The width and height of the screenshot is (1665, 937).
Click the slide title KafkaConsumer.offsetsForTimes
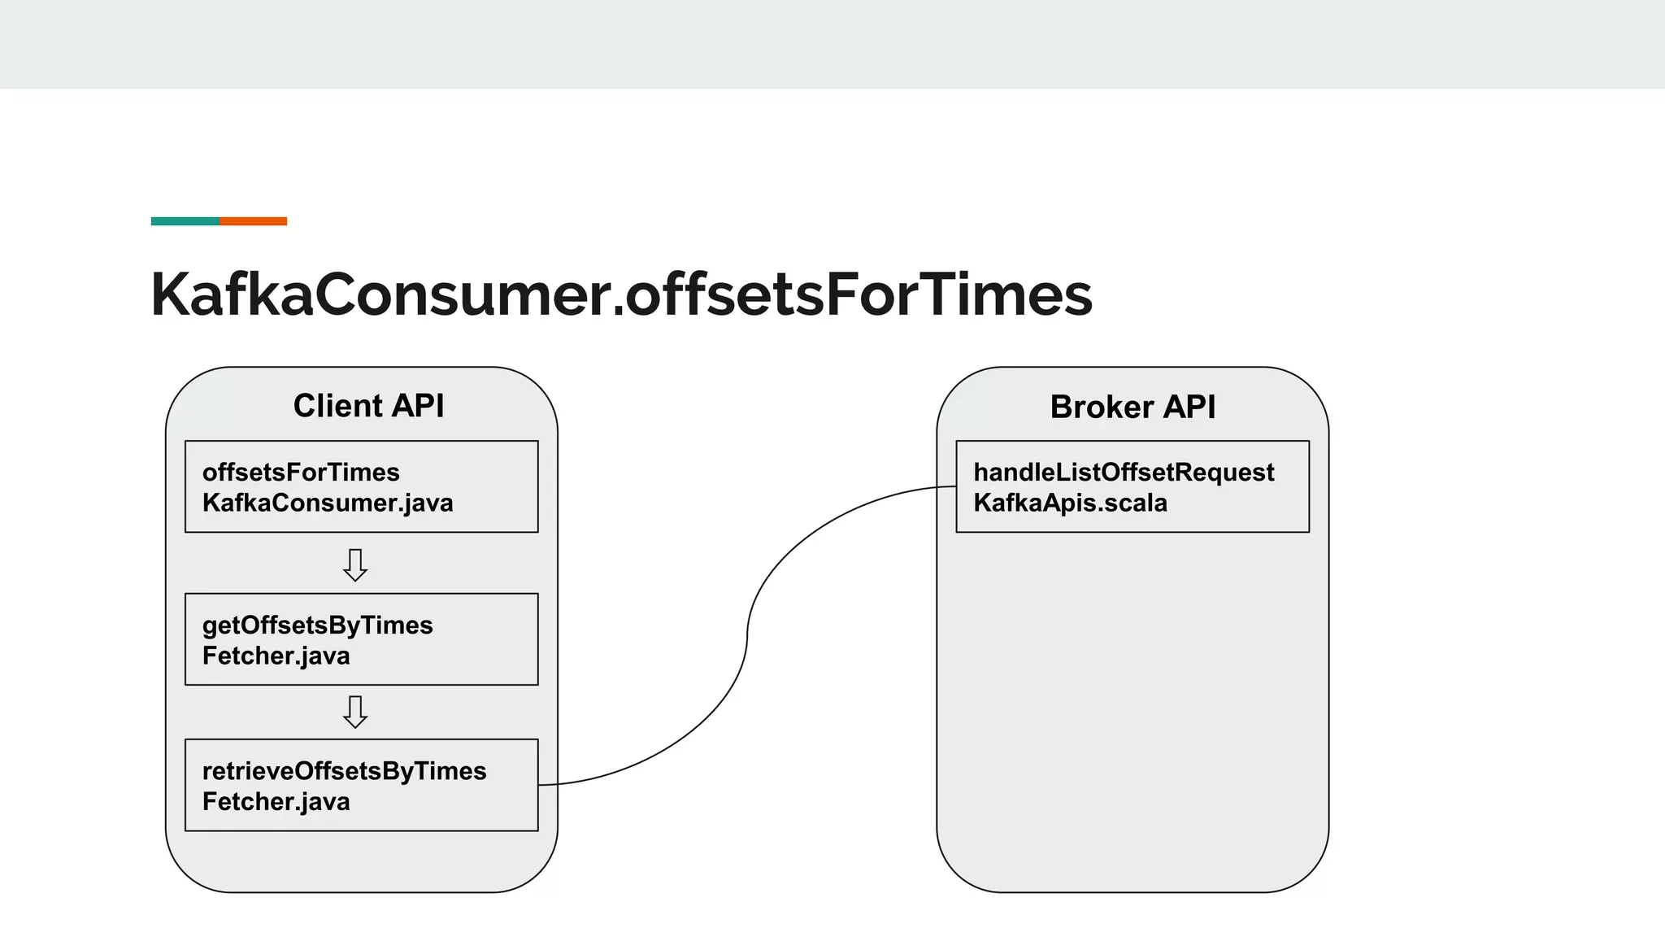point(621,294)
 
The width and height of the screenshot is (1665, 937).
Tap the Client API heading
point(368,406)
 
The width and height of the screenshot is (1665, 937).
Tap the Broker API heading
point(1132,407)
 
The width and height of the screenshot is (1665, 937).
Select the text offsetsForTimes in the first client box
point(301,473)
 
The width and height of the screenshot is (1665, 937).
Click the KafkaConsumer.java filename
point(328,503)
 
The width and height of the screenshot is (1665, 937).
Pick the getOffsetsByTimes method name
point(317,625)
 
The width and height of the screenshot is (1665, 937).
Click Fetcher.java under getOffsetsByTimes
point(276,656)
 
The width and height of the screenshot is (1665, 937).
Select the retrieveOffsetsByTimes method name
point(344,771)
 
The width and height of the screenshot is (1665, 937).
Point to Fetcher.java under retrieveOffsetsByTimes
point(276,802)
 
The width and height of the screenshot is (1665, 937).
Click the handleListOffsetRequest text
point(1124,473)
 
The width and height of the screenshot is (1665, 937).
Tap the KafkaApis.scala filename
point(1070,503)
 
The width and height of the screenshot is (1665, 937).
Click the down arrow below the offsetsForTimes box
point(355,564)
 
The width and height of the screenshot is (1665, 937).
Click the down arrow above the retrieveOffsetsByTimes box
point(355,712)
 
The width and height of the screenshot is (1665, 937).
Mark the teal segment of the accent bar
point(185,221)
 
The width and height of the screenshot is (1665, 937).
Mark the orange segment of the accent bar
point(253,221)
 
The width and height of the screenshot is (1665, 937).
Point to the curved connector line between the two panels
point(747,634)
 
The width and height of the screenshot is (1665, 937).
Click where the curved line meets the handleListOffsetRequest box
point(955,487)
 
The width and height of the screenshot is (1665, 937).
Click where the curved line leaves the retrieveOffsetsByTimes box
point(540,785)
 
